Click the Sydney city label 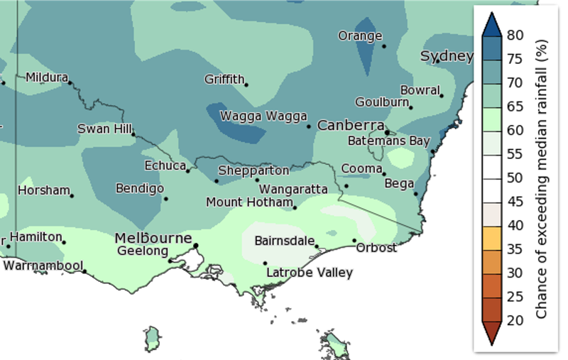[447, 56]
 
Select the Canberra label [351, 125]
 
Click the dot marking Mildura [70, 82]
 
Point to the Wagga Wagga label [263, 116]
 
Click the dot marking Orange [384, 47]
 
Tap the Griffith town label [224, 80]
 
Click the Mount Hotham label [248, 202]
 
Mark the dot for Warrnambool [84, 271]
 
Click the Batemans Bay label [388, 141]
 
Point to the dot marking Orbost [354, 241]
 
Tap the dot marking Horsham [72, 195]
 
